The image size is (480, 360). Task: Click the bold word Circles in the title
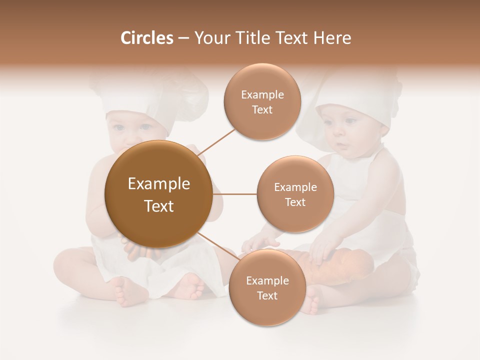point(146,38)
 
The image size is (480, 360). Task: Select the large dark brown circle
point(158,194)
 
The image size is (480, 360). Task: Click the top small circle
point(262,101)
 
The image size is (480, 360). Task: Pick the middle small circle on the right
point(295,194)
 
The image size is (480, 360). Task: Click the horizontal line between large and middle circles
point(234,194)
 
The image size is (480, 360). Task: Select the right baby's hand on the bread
point(322,250)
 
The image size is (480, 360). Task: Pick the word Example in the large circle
point(158,184)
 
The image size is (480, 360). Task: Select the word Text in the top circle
point(262,109)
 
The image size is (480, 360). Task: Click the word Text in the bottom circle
point(267,295)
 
